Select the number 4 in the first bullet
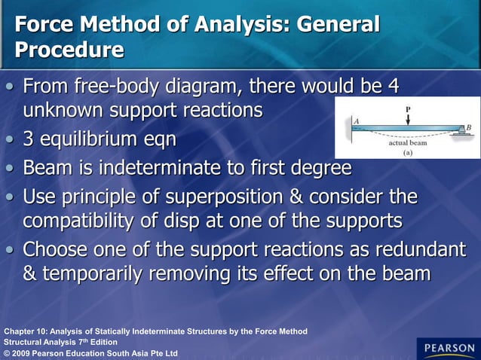coord(392,85)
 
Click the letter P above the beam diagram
coord(408,109)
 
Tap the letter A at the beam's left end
coord(356,121)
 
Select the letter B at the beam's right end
coord(469,127)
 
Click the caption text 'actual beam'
coord(409,142)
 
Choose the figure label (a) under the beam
coord(408,152)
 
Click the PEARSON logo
coord(448,348)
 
